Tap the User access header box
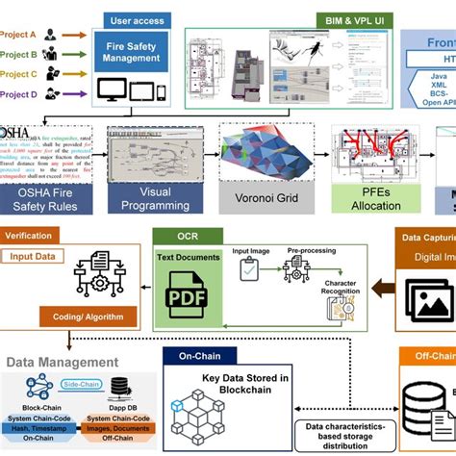[134, 18]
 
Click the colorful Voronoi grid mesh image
[258, 160]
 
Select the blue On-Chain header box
[198, 356]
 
